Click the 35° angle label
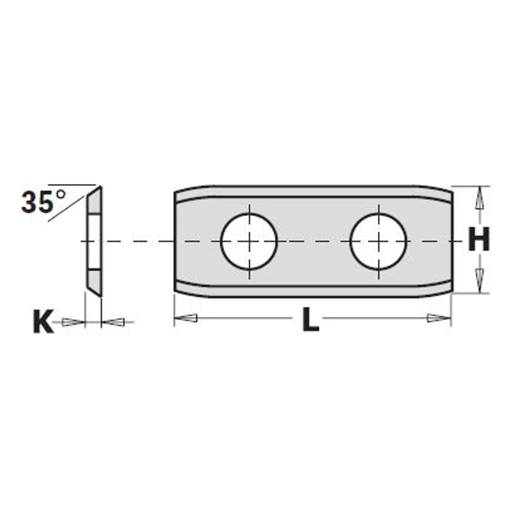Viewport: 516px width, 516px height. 43,201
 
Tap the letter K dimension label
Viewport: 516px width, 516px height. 43,322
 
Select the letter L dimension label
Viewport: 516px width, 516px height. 311,319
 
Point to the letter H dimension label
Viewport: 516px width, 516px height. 479,239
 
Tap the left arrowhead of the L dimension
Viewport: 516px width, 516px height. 186,318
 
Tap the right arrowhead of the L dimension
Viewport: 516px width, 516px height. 439,318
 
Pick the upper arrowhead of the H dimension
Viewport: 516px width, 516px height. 479,197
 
